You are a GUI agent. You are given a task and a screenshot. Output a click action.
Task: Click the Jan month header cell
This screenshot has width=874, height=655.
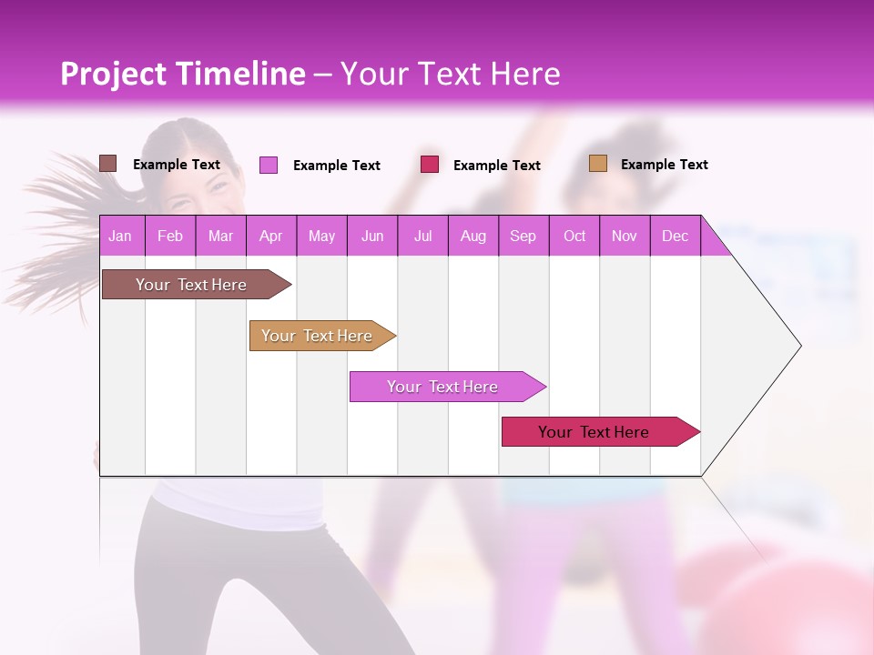click(x=120, y=236)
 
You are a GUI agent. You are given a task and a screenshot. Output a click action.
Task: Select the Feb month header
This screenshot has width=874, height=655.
click(x=170, y=236)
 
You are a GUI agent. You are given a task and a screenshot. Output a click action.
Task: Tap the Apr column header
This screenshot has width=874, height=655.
click(x=271, y=236)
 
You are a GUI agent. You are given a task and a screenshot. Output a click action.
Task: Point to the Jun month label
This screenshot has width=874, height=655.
click(x=372, y=236)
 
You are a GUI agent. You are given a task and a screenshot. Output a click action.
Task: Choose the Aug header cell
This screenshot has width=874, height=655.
click(x=473, y=236)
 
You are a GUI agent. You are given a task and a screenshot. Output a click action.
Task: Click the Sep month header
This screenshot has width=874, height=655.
click(x=523, y=236)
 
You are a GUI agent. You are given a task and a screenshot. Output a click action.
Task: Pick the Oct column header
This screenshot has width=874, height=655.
click(x=574, y=236)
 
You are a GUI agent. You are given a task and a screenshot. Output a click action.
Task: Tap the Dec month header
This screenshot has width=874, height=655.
click(x=676, y=236)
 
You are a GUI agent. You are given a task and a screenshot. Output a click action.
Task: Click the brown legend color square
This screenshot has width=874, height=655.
click(x=108, y=164)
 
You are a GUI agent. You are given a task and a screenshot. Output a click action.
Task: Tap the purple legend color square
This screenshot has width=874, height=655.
click(x=269, y=165)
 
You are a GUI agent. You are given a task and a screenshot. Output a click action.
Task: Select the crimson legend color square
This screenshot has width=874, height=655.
click(x=430, y=165)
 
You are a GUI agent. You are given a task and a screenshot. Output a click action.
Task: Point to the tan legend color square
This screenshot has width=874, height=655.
click(x=597, y=164)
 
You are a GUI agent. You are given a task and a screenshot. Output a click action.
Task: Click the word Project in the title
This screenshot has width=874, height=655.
click(x=114, y=74)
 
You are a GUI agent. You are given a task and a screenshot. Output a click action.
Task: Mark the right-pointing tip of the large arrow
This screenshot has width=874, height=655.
click(x=799, y=346)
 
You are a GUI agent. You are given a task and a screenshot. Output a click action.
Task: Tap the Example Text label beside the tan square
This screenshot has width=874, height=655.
click(x=664, y=165)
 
